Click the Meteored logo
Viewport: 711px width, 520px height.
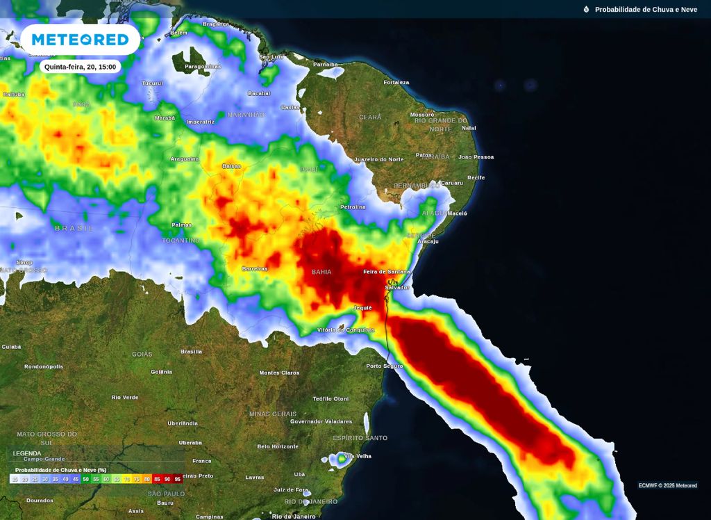click(x=80, y=40)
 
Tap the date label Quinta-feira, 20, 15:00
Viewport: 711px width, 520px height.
click(x=80, y=67)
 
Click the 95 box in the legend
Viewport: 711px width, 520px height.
click(x=178, y=479)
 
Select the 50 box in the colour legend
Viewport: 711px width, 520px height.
click(x=86, y=479)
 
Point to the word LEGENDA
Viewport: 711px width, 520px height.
click(x=27, y=453)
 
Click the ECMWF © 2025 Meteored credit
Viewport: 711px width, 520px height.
click(x=667, y=485)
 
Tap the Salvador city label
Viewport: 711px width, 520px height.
click(x=397, y=287)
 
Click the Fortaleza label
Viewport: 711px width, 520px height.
click(x=396, y=82)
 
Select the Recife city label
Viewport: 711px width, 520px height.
click(x=476, y=177)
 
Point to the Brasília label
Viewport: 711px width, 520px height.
click(x=191, y=352)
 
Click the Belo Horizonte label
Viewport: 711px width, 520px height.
click(x=277, y=446)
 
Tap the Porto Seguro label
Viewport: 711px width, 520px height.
click(x=385, y=366)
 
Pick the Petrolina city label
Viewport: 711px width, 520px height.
click(x=353, y=207)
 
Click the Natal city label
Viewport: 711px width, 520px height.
click(x=469, y=128)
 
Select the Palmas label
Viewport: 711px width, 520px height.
click(x=182, y=225)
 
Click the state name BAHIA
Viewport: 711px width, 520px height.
click(x=321, y=272)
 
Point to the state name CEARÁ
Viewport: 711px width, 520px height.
click(x=370, y=117)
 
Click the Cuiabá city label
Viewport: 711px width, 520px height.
click(x=11, y=346)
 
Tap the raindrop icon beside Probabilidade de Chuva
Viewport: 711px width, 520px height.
click(x=586, y=9)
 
